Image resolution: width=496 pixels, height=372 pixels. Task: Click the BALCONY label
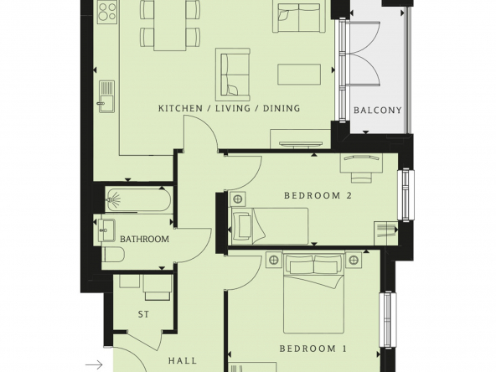click(x=377, y=111)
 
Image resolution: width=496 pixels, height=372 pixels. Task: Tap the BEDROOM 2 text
click(x=318, y=195)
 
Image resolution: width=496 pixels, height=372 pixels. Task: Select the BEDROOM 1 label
click(x=313, y=349)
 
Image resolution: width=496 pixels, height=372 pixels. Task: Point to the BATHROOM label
click(x=144, y=239)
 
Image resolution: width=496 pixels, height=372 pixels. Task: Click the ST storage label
click(x=143, y=314)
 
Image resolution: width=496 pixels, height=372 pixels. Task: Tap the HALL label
click(x=183, y=360)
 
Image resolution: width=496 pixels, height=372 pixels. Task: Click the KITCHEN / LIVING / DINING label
click(x=229, y=108)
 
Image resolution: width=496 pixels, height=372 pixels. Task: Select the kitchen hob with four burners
click(x=107, y=12)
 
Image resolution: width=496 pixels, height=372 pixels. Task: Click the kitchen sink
click(x=106, y=96)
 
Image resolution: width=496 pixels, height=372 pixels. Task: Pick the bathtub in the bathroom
click(x=139, y=199)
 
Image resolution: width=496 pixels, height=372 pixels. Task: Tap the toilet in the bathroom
click(x=113, y=255)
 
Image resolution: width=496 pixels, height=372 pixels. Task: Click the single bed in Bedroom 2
click(x=270, y=226)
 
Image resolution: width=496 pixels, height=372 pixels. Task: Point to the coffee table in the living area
click(x=299, y=75)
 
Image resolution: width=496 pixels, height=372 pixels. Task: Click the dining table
click(x=170, y=25)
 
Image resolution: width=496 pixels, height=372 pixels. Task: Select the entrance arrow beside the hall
click(x=95, y=365)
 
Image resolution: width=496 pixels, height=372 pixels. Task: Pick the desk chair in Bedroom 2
click(x=361, y=178)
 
